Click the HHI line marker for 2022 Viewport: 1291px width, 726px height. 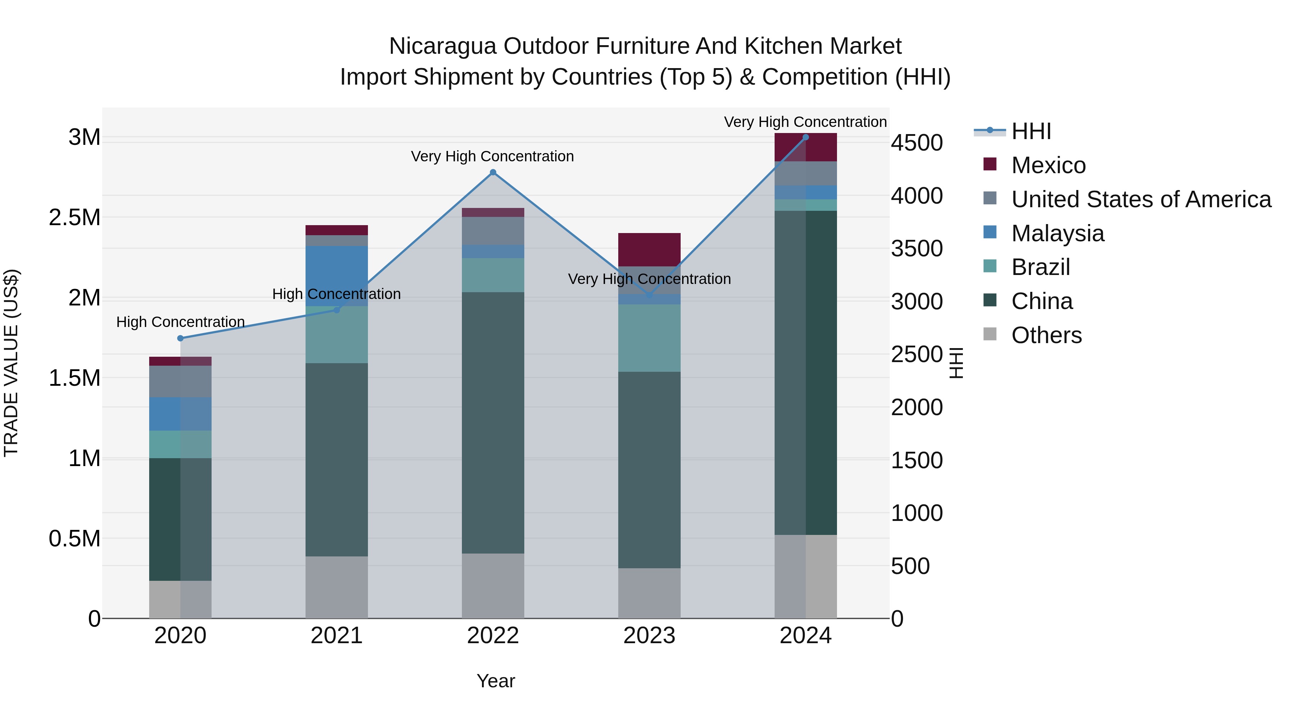[493, 172]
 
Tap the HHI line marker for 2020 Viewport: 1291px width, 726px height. [180, 338]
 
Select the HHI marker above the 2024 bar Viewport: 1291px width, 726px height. [805, 137]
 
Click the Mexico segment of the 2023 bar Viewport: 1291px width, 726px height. [649, 250]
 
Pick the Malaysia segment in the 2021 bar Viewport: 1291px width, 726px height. [336, 276]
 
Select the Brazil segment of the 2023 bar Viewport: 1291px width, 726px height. [649, 338]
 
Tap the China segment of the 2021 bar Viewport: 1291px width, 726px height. [336, 460]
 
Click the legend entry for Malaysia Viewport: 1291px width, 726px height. [1058, 233]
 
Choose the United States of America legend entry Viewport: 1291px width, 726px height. [1141, 199]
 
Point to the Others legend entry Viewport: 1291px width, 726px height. [1046, 335]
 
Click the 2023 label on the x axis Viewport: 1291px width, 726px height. [649, 636]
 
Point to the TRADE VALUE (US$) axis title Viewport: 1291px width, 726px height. [11, 363]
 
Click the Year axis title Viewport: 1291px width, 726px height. [496, 681]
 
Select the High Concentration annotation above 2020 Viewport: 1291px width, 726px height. [180, 322]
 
